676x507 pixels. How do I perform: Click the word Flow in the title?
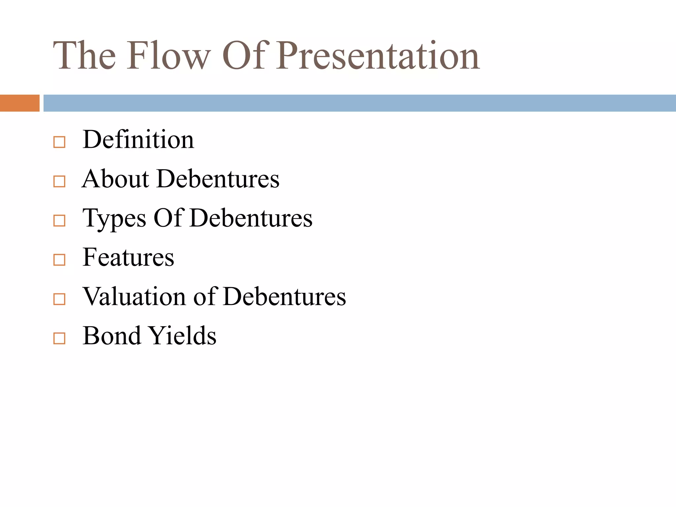(168, 55)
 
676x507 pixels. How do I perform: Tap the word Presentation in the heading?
(378, 55)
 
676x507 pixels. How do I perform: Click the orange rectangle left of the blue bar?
(19, 103)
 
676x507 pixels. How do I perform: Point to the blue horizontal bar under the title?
(359, 103)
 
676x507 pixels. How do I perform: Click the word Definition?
(138, 140)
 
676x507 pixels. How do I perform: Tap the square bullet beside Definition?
(59, 142)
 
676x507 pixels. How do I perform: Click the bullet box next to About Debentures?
(59, 182)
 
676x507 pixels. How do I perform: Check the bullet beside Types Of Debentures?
(59, 220)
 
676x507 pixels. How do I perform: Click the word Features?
(128, 257)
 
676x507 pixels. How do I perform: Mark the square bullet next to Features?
(59, 260)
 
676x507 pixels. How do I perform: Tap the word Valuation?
(134, 296)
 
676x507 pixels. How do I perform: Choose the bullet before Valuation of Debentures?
(59, 299)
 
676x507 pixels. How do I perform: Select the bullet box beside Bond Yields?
(59, 338)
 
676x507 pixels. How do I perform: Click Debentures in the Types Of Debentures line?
(251, 218)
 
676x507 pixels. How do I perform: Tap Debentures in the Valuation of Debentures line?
(285, 296)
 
